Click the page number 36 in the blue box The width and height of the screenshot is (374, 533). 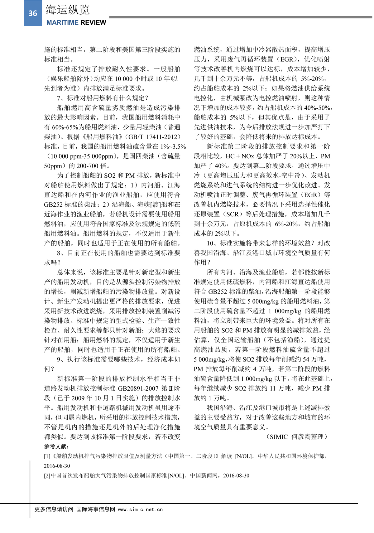tap(33, 13)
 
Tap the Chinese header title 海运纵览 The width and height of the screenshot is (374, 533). tap(68, 10)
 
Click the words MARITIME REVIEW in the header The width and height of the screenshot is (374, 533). tap(76, 22)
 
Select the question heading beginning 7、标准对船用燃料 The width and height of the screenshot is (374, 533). tap(103, 98)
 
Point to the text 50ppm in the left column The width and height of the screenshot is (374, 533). tap(53, 166)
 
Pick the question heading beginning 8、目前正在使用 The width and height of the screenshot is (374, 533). tap(118, 253)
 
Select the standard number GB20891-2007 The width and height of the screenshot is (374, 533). tap(138, 388)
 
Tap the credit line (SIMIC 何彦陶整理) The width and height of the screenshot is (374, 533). tap(297, 437)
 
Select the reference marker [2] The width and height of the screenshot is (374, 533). tap(47, 476)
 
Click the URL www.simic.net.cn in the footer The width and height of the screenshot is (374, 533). tap(140, 509)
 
